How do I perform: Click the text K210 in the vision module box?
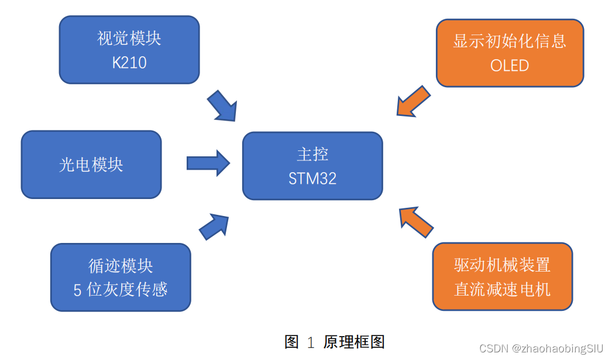tap(129, 63)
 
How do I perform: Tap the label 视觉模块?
tap(129, 39)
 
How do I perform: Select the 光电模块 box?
tap(91, 164)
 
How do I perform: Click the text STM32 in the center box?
tap(312, 179)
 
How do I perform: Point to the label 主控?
tap(312, 155)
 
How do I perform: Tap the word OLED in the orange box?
tap(510, 66)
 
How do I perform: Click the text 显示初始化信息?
tap(510, 41)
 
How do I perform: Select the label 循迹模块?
tap(121, 266)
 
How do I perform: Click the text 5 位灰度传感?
tap(121, 290)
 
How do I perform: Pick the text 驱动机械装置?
tap(502, 265)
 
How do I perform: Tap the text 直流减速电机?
tap(502, 289)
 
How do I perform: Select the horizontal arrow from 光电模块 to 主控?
tap(208, 163)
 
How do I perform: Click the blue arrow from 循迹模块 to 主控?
tap(214, 226)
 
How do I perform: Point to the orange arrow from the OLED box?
tap(413, 101)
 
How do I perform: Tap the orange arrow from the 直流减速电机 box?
tap(415, 222)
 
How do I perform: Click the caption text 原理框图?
tap(354, 342)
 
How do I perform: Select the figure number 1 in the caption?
tap(311, 342)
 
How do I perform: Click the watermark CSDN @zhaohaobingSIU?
tap(541, 349)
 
